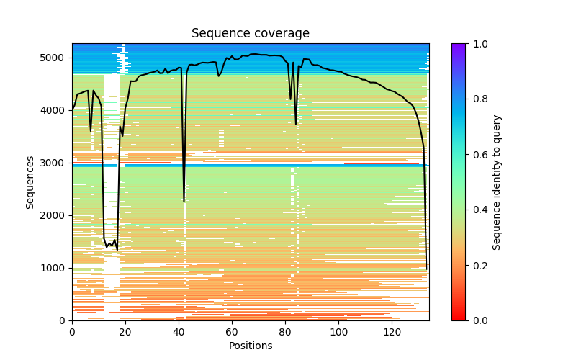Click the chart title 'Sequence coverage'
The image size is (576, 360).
pos(250,34)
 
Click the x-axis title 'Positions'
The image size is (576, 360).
pos(250,346)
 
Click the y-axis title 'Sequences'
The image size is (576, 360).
pos(30,181)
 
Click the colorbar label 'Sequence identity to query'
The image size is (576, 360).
pos(497,181)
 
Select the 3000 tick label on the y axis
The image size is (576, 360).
pos(57,163)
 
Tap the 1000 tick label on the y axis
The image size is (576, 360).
pos(57,268)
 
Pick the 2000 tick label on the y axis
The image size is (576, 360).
pos(57,215)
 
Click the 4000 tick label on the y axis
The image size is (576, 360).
pos(57,110)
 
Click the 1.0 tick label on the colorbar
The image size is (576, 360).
pos(477,44)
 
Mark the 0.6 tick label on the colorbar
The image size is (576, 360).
pos(477,155)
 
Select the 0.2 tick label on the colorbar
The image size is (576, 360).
pos(477,265)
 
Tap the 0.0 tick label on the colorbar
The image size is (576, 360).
pos(477,320)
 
